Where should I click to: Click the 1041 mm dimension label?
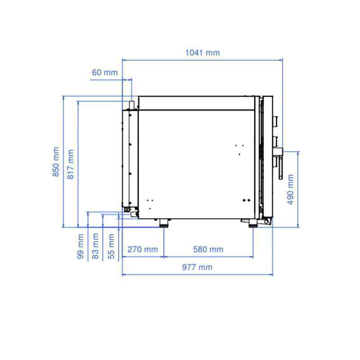(202, 53)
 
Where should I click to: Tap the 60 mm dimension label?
(105, 72)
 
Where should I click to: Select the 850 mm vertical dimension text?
(56, 162)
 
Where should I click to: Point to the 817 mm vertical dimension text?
(71, 164)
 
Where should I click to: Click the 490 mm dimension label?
(290, 189)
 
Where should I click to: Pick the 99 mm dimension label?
(81, 246)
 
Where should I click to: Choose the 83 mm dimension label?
(95, 246)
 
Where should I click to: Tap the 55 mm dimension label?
(111, 246)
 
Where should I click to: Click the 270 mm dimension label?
(143, 249)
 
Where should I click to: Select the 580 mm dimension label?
(208, 249)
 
